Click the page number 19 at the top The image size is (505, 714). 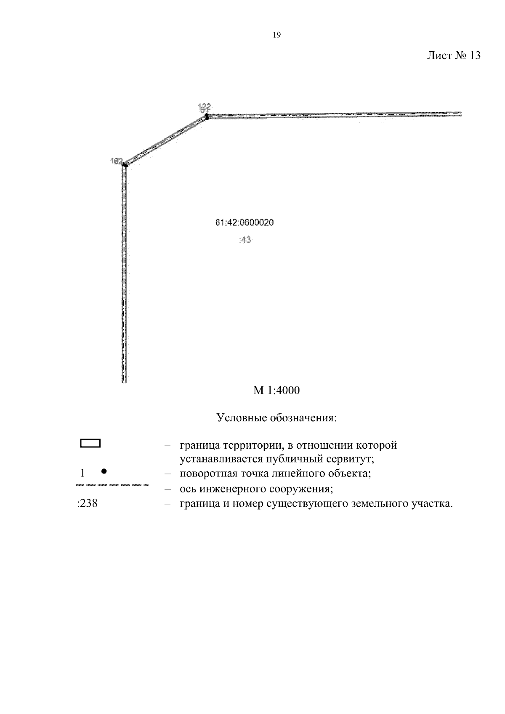(x=276, y=35)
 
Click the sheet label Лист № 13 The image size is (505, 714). (x=453, y=56)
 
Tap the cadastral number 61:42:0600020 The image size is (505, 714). (x=245, y=222)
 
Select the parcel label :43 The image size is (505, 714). (x=245, y=240)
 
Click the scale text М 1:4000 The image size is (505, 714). (x=276, y=391)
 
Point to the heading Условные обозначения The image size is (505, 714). (x=276, y=418)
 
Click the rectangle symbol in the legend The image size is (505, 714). (x=90, y=443)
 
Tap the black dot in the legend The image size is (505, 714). (x=104, y=471)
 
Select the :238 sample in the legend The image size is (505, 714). (x=88, y=503)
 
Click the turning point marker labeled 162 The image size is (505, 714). (x=125, y=165)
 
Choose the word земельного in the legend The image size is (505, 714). (x=377, y=503)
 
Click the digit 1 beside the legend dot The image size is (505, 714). (x=82, y=473)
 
